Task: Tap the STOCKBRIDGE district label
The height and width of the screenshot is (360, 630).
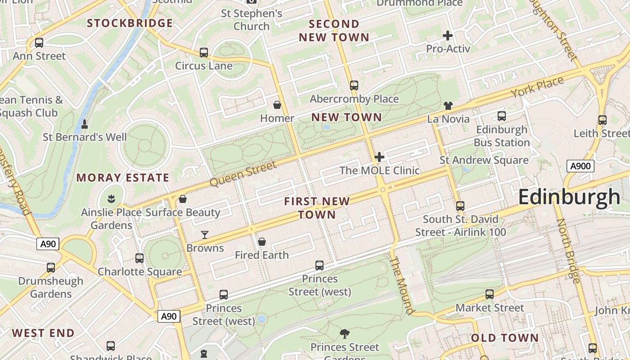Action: click(x=130, y=23)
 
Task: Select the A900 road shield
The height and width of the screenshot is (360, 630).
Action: click(x=580, y=166)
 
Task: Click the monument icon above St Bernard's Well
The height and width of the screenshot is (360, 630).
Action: click(x=85, y=124)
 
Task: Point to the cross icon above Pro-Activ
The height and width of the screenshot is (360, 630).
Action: click(x=448, y=35)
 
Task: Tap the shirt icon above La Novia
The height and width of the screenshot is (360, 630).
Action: click(x=448, y=106)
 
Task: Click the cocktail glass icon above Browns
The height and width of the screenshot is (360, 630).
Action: click(x=205, y=234)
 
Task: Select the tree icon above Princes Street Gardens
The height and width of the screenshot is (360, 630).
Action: click(x=345, y=333)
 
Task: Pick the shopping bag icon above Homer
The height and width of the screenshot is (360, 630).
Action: click(x=277, y=105)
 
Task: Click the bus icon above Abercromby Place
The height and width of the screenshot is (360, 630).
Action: click(x=354, y=85)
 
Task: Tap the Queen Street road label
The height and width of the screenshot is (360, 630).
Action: click(x=243, y=174)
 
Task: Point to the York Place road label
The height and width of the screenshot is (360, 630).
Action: click(x=537, y=87)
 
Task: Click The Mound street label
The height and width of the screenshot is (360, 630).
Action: click(x=401, y=285)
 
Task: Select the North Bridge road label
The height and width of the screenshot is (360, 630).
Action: click(x=568, y=251)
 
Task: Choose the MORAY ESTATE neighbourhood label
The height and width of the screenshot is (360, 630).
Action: click(x=123, y=178)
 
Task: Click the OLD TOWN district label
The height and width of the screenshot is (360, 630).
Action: click(x=504, y=338)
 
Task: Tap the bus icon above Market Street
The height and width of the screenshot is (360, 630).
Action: click(x=490, y=294)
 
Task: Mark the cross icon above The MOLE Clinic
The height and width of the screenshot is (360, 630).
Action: click(x=379, y=157)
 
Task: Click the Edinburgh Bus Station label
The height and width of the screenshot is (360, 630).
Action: click(x=502, y=136)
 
